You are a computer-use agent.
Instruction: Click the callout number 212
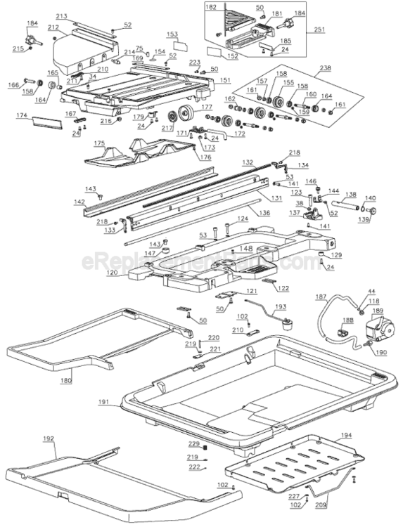point(53,27)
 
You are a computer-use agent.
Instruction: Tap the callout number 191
point(103,402)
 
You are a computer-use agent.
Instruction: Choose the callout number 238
point(325,68)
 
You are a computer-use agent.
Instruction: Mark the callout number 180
point(66,381)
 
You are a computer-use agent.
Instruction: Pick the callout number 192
point(48,438)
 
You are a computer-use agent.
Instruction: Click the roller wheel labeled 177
point(186,112)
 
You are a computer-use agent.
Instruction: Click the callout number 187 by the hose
point(321,298)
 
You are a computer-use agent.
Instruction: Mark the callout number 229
point(193,444)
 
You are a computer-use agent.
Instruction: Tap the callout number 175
point(100,143)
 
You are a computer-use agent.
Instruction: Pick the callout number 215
point(18,48)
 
